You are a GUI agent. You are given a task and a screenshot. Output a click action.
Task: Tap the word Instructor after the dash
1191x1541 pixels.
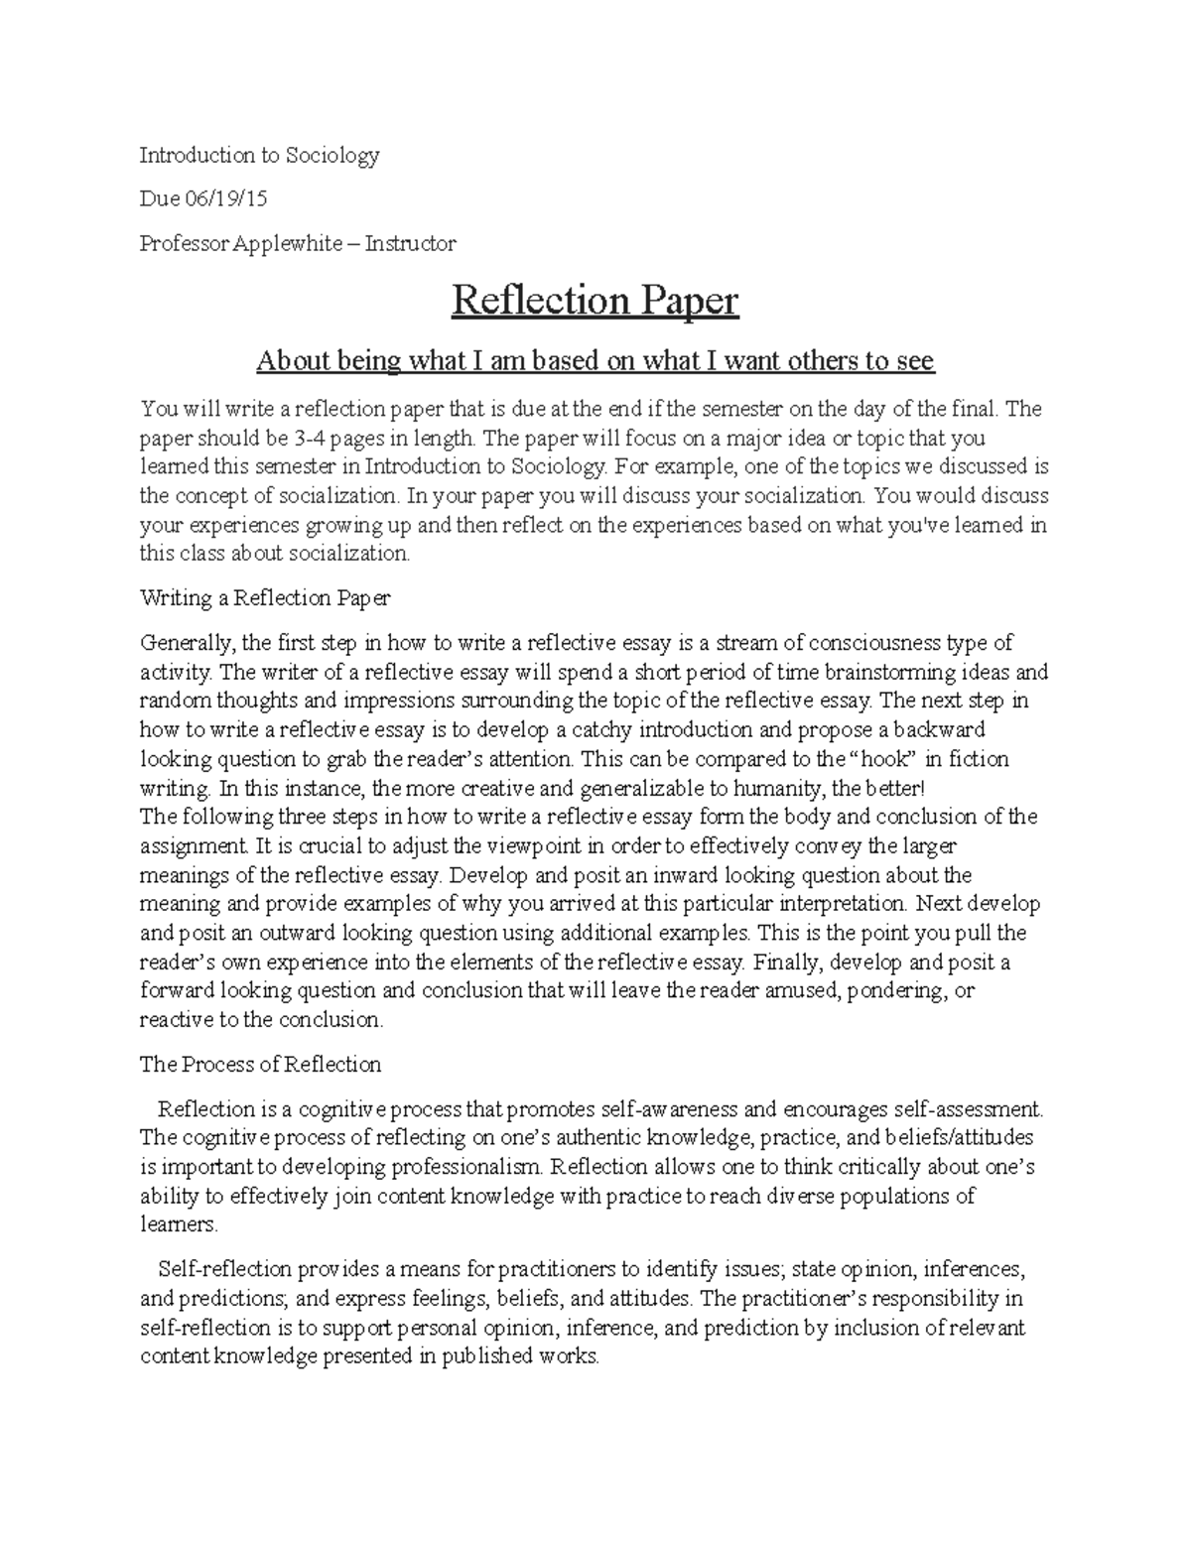tap(410, 243)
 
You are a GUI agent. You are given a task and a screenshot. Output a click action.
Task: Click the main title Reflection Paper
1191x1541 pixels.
tap(595, 301)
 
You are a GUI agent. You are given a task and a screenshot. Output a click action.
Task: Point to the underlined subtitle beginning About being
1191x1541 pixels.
tap(595, 361)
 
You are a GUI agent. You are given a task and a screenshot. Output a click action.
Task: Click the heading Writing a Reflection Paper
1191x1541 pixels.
tap(265, 598)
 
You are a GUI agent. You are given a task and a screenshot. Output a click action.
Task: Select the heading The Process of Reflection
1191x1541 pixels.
tap(260, 1065)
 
